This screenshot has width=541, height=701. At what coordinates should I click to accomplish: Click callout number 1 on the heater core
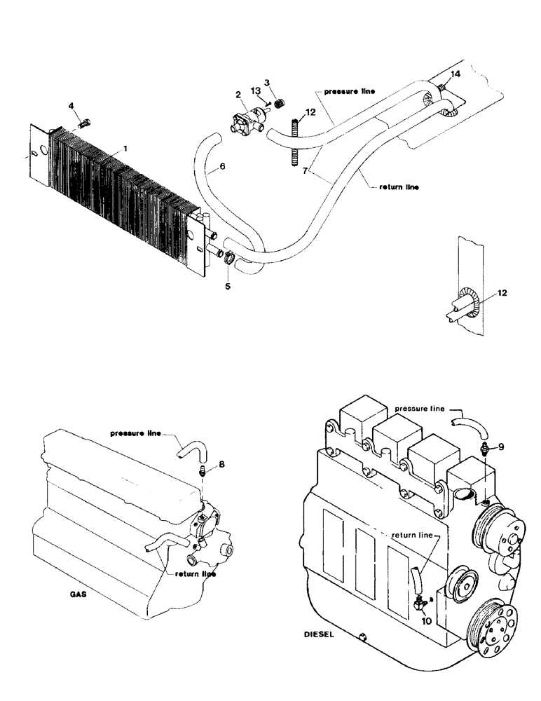click(125, 149)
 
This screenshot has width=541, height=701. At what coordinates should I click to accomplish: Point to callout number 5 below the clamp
click(227, 286)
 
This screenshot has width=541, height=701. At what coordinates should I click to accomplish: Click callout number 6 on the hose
click(222, 168)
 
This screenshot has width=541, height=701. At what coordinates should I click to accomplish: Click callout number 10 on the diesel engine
click(425, 619)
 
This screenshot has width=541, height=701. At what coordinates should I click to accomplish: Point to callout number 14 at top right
click(456, 74)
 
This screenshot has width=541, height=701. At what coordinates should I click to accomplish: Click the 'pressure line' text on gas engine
click(136, 433)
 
